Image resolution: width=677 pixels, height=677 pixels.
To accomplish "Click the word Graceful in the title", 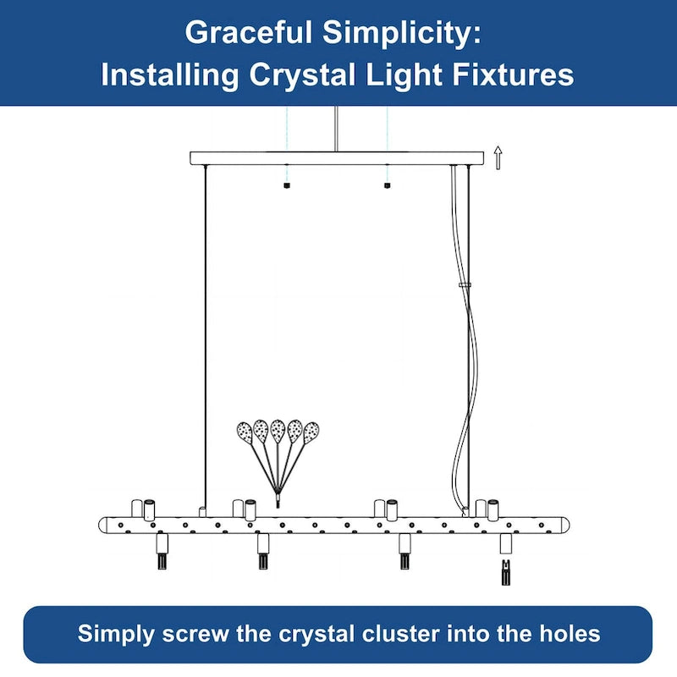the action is coord(248,33).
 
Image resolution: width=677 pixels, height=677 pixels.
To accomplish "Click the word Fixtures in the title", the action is coord(513,74).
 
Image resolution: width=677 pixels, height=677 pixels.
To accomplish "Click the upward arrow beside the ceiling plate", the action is coord(498,157).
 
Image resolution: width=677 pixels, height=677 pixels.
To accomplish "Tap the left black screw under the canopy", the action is coord(287,185).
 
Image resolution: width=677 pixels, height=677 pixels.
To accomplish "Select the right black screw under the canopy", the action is coord(387,185).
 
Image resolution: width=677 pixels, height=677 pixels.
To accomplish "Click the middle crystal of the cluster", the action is coord(278,431).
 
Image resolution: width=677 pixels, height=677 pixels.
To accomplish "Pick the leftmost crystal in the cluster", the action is coord(245,433).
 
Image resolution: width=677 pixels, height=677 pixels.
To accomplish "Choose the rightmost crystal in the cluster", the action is coord(311,433).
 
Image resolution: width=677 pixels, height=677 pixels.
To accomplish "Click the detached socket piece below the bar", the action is coord(506,572).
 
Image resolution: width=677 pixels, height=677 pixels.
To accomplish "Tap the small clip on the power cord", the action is coord(465,285).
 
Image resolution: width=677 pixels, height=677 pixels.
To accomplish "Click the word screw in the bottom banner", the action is coord(196,634).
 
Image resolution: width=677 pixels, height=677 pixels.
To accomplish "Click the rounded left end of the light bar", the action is coord(102,525).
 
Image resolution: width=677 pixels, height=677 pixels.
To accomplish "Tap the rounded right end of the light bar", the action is coord(565,525).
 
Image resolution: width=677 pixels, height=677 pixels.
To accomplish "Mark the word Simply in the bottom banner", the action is coord(116,634).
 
